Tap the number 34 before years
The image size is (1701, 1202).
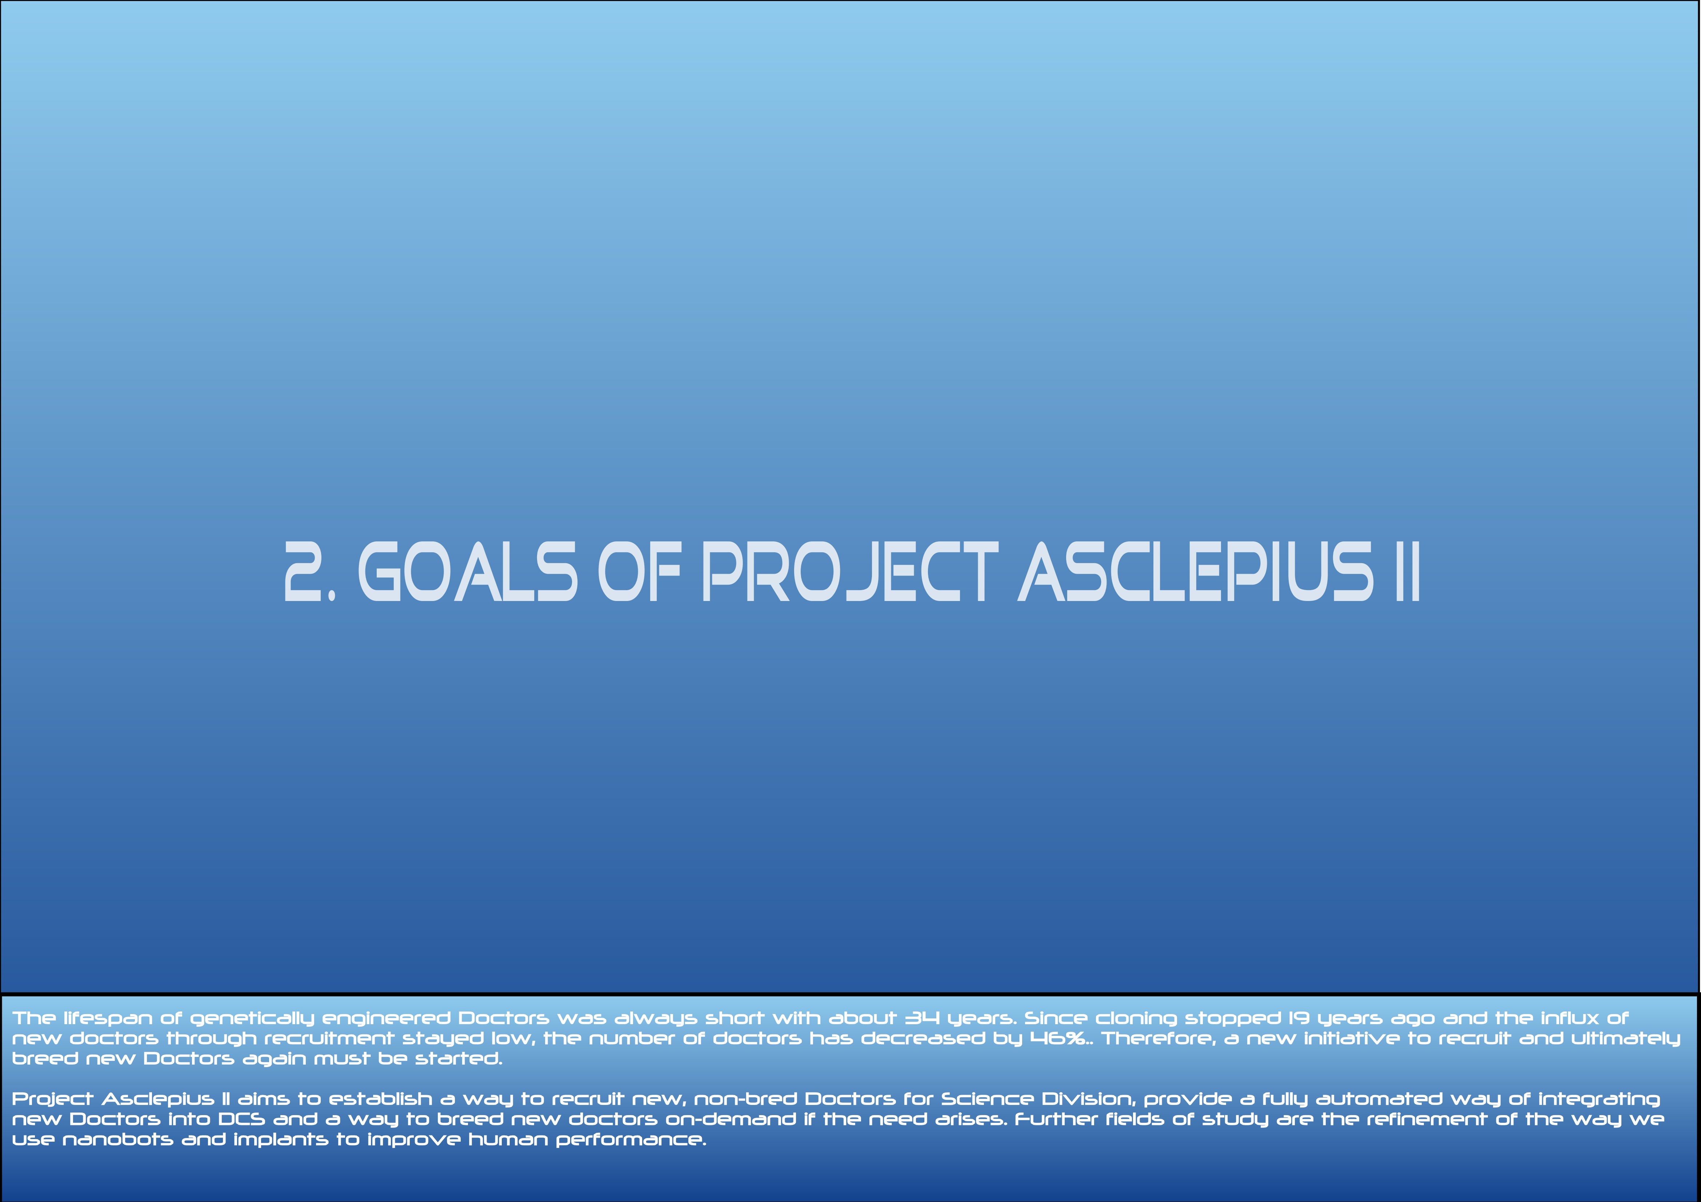(922, 1018)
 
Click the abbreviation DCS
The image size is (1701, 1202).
(241, 1119)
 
